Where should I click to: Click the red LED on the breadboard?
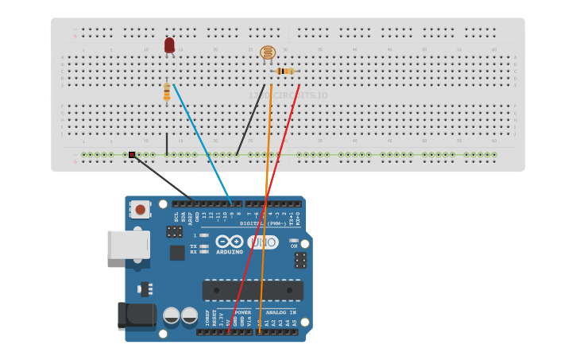(169, 45)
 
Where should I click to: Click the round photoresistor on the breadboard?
(268, 53)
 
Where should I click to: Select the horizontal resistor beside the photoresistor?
(285, 72)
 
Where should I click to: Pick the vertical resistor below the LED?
(167, 92)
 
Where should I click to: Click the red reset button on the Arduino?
(141, 210)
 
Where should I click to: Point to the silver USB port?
(128, 245)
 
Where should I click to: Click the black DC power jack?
(136, 315)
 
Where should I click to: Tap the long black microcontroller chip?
(253, 290)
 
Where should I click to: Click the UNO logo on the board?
(263, 242)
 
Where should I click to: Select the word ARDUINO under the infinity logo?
(230, 252)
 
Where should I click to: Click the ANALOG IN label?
(281, 312)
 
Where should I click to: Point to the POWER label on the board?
(242, 312)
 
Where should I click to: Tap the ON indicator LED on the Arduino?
(293, 241)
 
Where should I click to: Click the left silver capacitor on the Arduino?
(172, 315)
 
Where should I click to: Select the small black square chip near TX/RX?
(177, 253)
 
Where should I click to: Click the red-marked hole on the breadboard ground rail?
(132, 155)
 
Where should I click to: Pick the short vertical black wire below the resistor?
(167, 144)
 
